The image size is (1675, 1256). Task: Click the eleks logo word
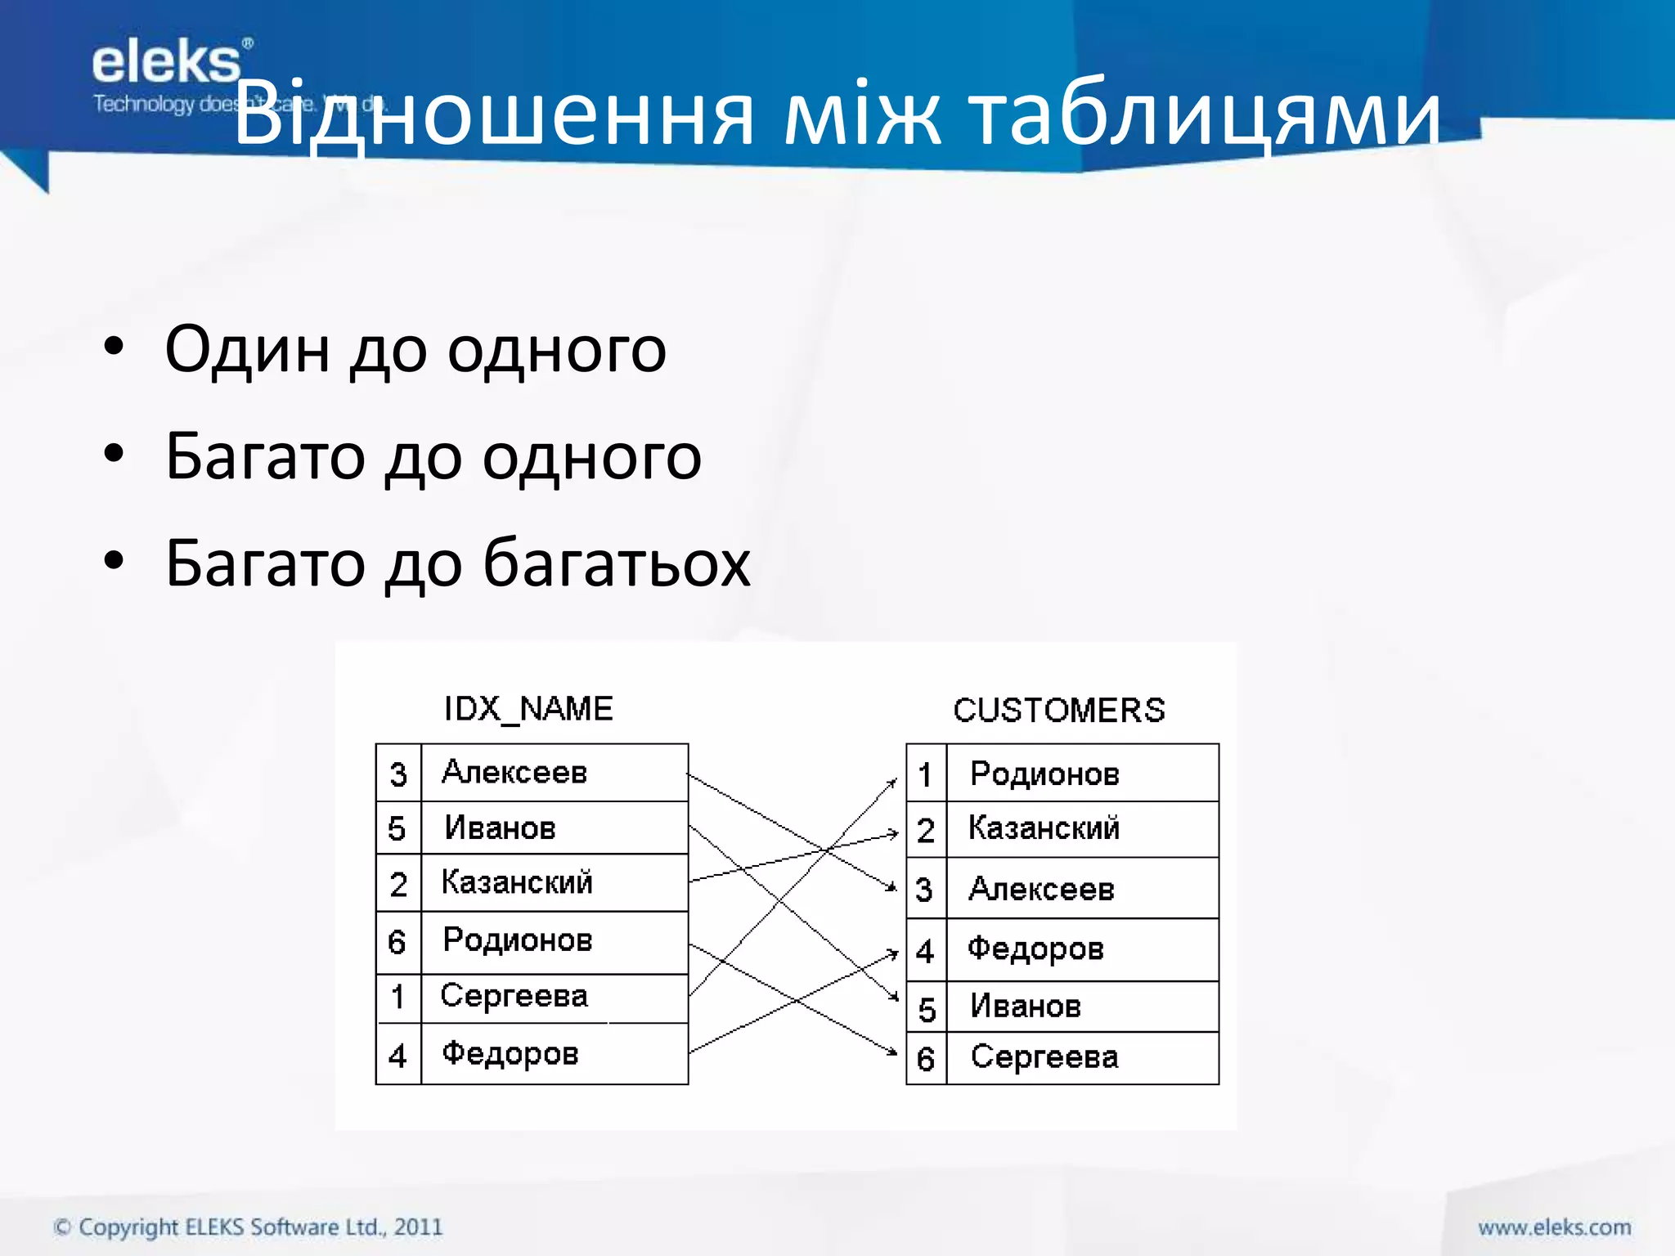click(166, 63)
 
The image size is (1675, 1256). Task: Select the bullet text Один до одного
click(415, 349)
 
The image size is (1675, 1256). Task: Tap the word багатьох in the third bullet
click(616, 563)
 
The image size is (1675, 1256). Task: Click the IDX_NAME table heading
click(528, 709)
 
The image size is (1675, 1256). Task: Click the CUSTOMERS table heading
click(1059, 711)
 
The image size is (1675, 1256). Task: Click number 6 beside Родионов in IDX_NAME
click(397, 943)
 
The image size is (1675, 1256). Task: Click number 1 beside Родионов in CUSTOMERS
click(926, 774)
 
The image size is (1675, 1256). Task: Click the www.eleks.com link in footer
click(1554, 1227)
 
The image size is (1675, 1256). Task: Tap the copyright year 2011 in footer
click(418, 1227)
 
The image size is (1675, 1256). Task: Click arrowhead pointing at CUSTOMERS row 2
click(894, 833)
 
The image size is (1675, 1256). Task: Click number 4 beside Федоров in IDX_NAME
click(397, 1056)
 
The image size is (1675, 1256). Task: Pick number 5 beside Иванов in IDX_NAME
click(397, 829)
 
